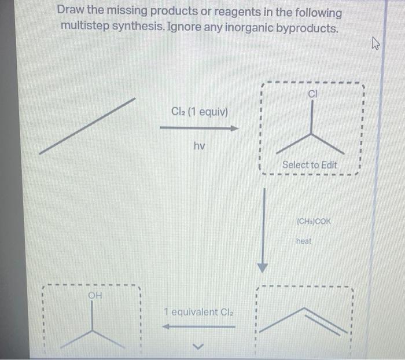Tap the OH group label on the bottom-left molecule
pyautogui.click(x=95, y=297)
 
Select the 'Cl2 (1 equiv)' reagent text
pyautogui.click(x=199, y=111)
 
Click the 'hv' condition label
pyautogui.click(x=199, y=146)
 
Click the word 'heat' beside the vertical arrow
pyautogui.click(x=304, y=241)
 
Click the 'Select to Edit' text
pyautogui.click(x=310, y=165)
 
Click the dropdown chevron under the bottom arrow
pyautogui.click(x=198, y=347)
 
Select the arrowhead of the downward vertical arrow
pyautogui.click(x=263, y=267)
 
